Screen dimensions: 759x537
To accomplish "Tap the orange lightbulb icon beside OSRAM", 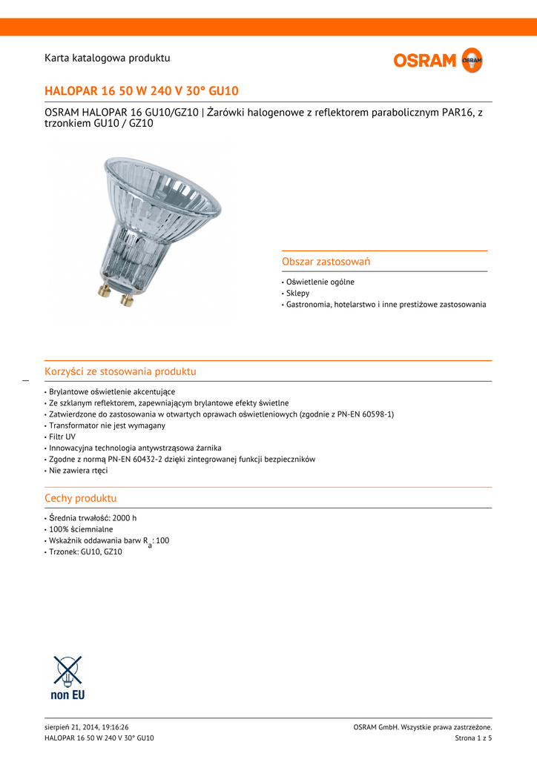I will pyautogui.click(x=472, y=60).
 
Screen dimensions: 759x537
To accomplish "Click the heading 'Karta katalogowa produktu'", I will pyautogui.click(x=108, y=58).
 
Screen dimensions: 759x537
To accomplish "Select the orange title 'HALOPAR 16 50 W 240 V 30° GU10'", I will pyautogui.click(x=142, y=91).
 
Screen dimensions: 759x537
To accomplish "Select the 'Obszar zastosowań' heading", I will pyautogui.click(x=326, y=262).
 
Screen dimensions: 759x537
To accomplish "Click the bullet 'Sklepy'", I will pyautogui.click(x=297, y=294).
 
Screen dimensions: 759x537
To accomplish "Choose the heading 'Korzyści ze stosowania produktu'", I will pyautogui.click(x=120, y=371).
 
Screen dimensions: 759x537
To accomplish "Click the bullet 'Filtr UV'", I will pyautogui.click(x=62, y=437).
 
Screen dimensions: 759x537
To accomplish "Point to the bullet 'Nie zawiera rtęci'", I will pyautogui.click(x=78, y=471).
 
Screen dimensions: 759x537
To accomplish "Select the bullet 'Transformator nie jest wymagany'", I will pyautogui.click(x=107, y=425).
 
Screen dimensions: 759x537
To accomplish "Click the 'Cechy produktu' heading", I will pyautogui.click(x=81, y=498).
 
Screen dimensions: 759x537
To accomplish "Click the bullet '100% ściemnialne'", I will pyautogui.click(x=81, y=529).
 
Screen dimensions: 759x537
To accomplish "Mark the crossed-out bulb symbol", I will pyautogui.click(x=67, y=671).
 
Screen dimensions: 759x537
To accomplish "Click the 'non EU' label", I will pyautogui.click(x=67, y=695).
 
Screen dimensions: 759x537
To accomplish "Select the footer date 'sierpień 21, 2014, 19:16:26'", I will pyautogui.click(x=91, y=727).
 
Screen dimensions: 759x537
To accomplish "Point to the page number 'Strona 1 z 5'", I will pyautogui.click(x=473, y=738).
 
